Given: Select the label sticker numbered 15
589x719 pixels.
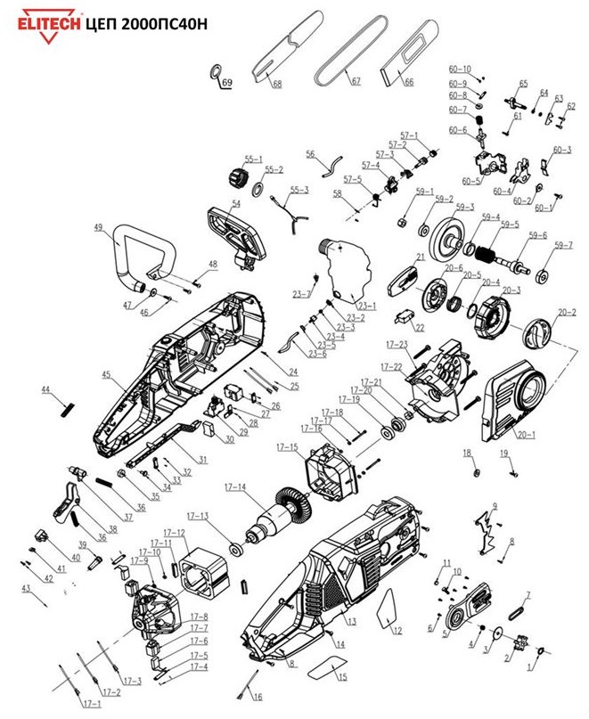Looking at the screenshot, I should click(x=329, y=666).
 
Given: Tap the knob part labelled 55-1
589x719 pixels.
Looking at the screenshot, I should click(x=237, y=175).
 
